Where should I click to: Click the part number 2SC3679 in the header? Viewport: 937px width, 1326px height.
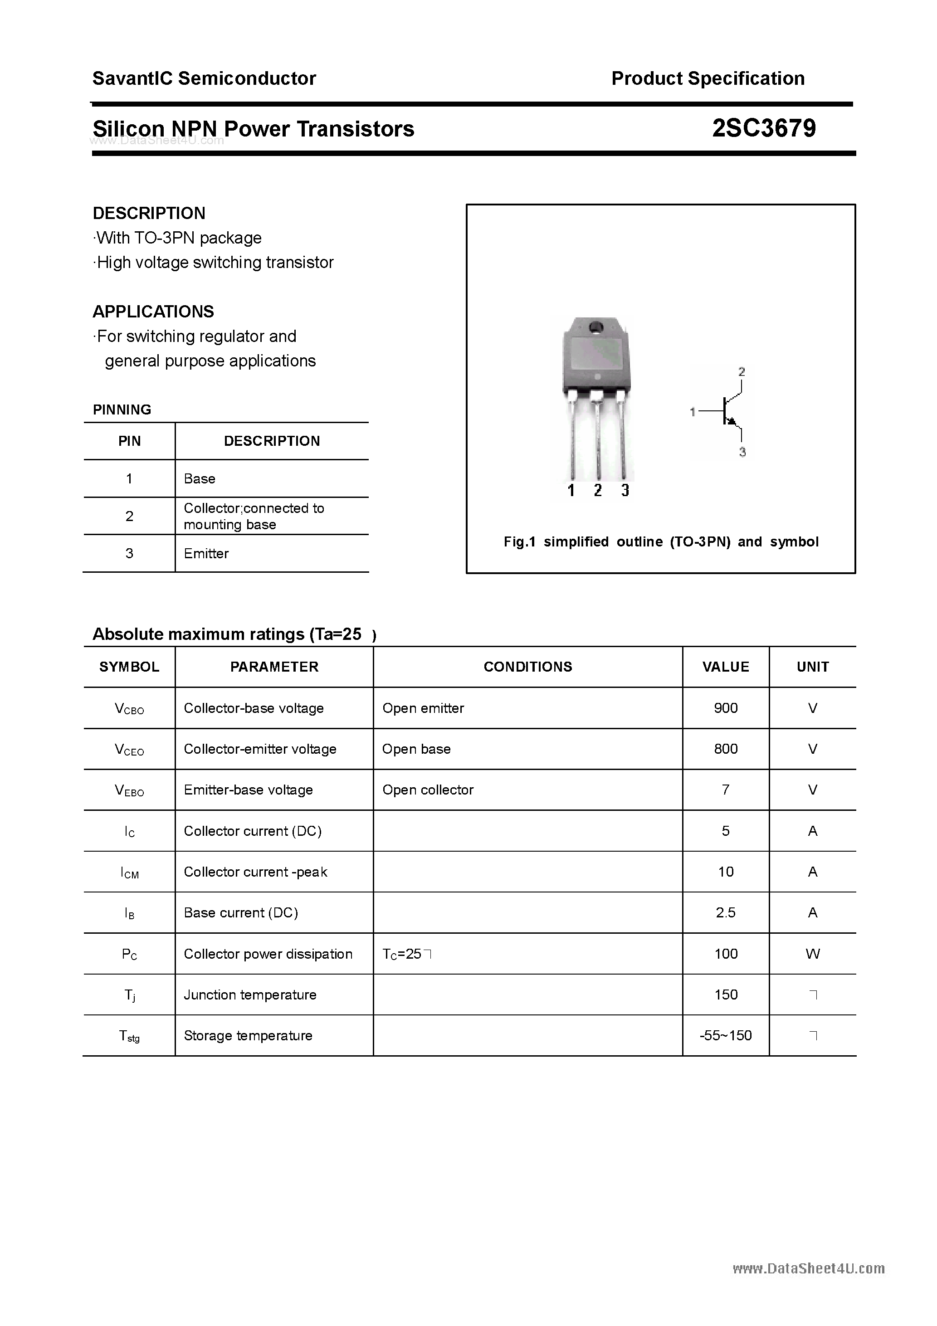click(763, 128)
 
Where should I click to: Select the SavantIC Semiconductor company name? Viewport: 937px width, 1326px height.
click(204, 78)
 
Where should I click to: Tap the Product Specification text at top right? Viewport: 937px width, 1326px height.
click(708, 78)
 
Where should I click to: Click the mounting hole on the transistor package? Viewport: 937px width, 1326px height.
click(595, 328)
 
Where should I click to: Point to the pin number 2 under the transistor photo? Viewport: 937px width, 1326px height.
click(598, 490)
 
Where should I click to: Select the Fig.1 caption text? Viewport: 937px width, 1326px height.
click(660, 542)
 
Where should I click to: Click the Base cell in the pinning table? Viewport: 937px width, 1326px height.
click(199, 479)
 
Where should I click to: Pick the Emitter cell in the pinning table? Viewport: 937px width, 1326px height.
click(206, 553)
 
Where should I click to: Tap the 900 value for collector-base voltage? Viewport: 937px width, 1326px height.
click(726, 708)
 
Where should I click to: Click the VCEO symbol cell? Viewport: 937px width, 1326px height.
click(129, 750)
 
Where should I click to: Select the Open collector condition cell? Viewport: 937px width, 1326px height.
click(428, 790)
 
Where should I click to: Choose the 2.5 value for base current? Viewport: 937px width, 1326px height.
click(726, 912)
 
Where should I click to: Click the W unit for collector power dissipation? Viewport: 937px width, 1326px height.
click(812, 954)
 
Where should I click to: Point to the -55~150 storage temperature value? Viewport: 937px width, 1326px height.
click(726, 1035)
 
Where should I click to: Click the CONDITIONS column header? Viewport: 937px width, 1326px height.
click(527, 667)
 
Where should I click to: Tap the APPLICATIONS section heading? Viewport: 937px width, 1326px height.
click(153, 312)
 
